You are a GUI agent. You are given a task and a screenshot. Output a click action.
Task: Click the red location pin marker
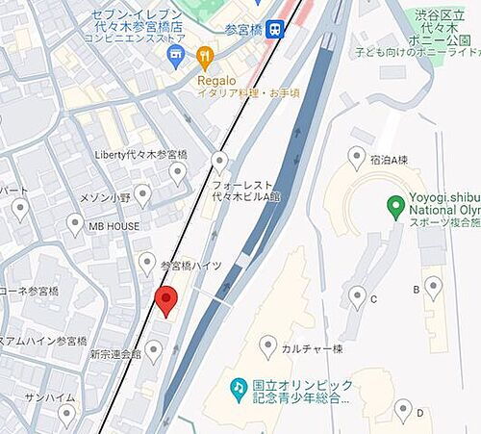click(x=166, y=301)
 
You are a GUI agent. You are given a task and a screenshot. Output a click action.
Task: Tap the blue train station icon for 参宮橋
click(x=276, y=30)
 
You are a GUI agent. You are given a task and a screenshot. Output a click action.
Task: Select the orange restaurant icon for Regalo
click(x=203, y=58)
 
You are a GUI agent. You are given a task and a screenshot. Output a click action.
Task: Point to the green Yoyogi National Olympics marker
click(x=394, y=204)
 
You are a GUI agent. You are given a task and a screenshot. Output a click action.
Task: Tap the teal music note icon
click(x=238, y=386)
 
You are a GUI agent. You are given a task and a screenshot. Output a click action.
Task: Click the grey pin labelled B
click(x=433, y=286)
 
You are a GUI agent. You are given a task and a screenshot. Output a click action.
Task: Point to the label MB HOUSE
click(x=114, y=227)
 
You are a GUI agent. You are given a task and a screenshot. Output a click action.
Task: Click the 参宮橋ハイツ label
click(x=191, y=265)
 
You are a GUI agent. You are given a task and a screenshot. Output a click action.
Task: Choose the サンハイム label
click(x=44, y=397)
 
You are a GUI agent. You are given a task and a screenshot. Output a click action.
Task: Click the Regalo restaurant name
click(x=217, y=80)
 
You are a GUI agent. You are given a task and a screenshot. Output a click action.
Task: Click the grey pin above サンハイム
click(x=66, y=415)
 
